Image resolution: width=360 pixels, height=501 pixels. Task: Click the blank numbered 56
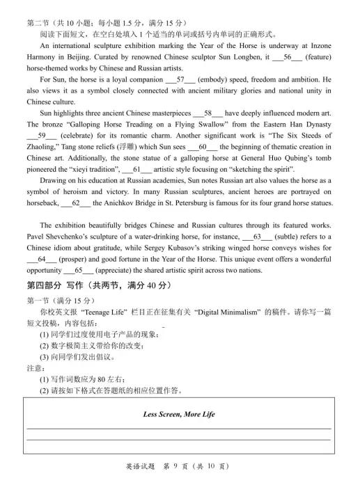287,56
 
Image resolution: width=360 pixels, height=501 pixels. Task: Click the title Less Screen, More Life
179,415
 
